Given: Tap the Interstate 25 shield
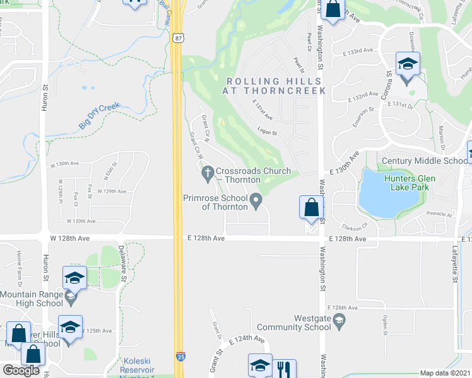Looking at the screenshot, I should tap(180, 357).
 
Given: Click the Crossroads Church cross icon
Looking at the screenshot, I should tap(207, 171).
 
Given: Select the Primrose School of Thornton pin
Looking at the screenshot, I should tap(256, 202).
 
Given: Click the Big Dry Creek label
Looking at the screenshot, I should tap(99, 117).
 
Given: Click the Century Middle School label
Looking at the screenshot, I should tap(424, 161).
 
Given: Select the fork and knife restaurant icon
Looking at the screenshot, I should tap(284, 369).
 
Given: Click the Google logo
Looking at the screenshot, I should tap(21, 370).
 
